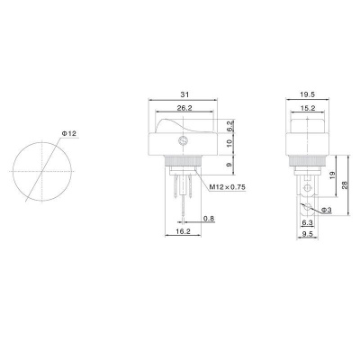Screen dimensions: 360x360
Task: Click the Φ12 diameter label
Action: click(68, 133)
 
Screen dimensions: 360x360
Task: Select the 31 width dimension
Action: click(184, 94)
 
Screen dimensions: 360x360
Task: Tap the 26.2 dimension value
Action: click(184, 108)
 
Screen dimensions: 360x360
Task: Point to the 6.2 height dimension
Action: click(229, 126)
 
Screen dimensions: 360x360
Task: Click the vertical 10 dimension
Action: click(229, 143)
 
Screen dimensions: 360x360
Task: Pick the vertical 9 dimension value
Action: click(229, 165)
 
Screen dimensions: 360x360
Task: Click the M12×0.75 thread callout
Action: click(227, 187)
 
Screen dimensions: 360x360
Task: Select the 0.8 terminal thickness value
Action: click(209, 219)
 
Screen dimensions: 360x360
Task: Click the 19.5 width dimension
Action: click(307, 94)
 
